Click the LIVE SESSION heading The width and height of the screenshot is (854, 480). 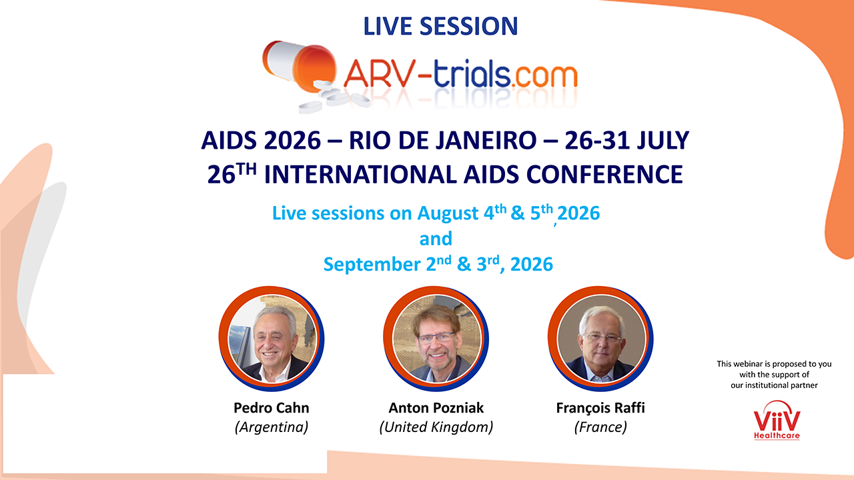click(440, 26)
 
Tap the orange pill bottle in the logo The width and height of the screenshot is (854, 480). click(300, 65)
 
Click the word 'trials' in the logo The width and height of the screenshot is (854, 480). click(472, 73)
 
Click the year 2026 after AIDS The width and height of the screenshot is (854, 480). click(292, 140)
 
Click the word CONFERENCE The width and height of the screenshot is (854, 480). click(604, 175)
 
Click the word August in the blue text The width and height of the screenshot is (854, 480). click(448, 213)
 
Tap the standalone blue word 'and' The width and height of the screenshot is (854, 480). click(436, 239)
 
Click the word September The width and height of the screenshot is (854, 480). click(372, 265)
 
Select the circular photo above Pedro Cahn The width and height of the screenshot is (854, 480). click(272, 339)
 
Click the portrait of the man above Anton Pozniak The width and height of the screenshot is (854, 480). click(436, 339)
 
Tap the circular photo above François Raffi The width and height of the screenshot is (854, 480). click(600, 339)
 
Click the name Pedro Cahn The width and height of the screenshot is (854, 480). click(272, 408)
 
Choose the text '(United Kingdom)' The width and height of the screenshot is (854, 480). click(436, 427)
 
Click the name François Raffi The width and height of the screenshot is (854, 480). click(600, 408)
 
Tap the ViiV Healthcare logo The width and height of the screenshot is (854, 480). click(777, 420)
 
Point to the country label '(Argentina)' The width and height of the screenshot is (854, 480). click(272, 427)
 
